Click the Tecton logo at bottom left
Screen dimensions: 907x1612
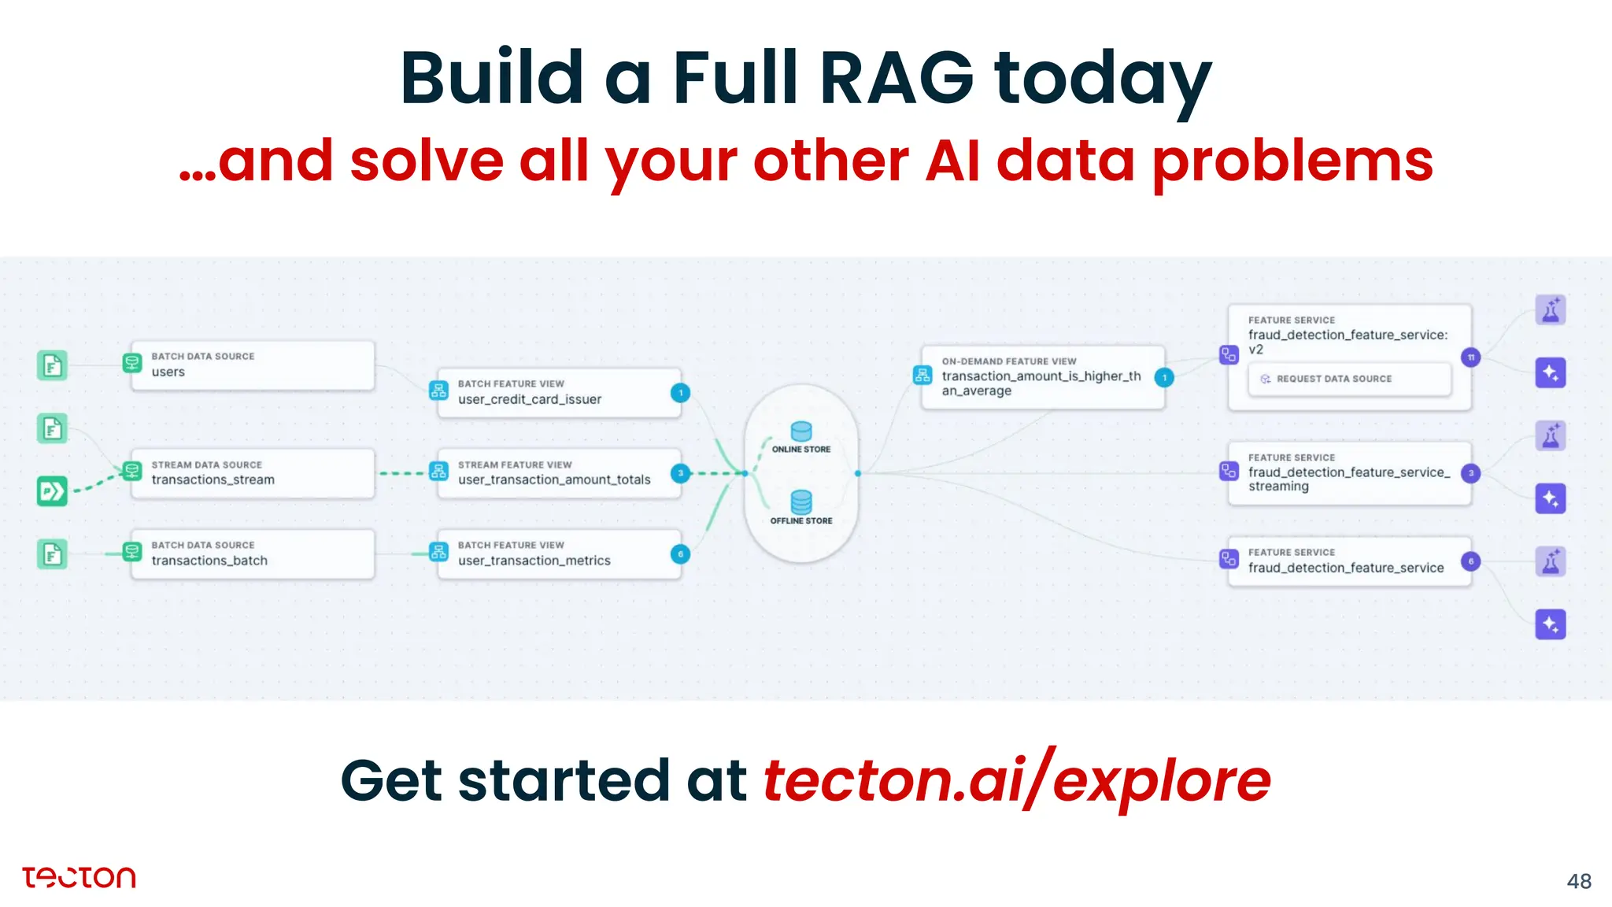pyautogui.click(x=79, y=877)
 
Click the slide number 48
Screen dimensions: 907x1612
pyautogui.click(x=1578, y=881)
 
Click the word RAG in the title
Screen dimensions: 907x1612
pyautogui.click(x=897, y=79)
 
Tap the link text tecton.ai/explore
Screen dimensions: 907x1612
pyautogui.click(x=1016, y=780)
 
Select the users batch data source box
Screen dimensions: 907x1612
pyautogui.click(x=252, y=365)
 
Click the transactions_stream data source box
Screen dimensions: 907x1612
pyautogui.click(x=252, y=473)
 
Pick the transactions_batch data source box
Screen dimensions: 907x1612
pyautogui.click(x=252, y=553)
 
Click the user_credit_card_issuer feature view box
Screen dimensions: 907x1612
pyautogui.click(x=559, y=392)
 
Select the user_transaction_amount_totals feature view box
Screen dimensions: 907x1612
pyautogui.click(x=559, y=473)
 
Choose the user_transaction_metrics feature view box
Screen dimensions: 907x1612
pyautogui.click(x=559, y=553)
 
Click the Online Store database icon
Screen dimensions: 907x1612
pyautogui.click(x=801, y=431)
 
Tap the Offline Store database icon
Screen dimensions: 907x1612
pyautogui.click(x=801, y=502)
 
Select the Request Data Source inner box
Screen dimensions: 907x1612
pyautogui.click(x=1349, y=379)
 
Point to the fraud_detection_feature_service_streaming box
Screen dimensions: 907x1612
pyautogui.click(x=1349, y=473)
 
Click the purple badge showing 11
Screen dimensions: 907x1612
pyautogui.click(x=1470, y=357)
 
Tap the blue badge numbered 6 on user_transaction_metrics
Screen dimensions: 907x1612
pyautogui.click(x=680, y=554)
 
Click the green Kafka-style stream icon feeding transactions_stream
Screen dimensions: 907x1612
pyautogui.click(x=52, y=491)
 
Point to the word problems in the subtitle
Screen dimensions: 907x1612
pyautogui.click(x=1292, y=161)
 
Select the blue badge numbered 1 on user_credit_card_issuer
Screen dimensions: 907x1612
pyautogui.click(x=680, y=393)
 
